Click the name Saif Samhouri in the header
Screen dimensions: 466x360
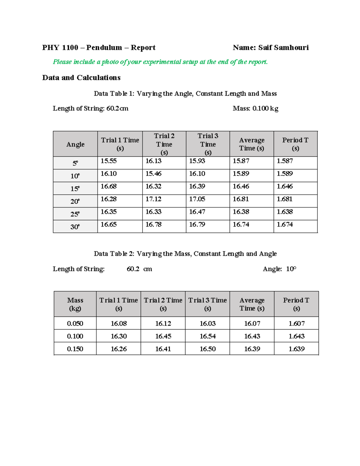point(283,48)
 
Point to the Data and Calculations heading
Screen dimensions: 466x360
point(81,78)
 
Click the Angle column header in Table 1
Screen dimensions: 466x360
point(75,144)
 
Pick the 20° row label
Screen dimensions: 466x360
point(75,201)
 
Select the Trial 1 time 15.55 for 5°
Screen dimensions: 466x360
point(109,161)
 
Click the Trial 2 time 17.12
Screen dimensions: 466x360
point(153,199)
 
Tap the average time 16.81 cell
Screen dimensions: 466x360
point(241,199)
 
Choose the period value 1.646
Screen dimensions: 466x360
point(285,186)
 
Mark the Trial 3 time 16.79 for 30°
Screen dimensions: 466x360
point(197,224)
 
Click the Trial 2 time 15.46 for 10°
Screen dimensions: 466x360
point(153,174)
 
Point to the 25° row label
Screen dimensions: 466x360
point(75,214)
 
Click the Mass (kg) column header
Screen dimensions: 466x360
point(75,304)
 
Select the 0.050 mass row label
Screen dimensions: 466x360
point(75,324)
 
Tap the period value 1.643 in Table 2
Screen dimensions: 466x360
point(296,336)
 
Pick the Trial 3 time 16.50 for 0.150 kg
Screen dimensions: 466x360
point(208,349)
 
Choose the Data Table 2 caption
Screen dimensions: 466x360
point(185,254)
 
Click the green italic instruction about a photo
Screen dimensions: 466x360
point(160,62)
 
